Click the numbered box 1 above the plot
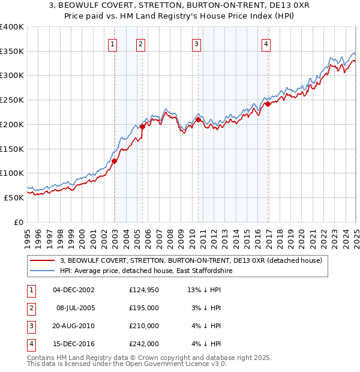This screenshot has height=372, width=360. pyautogui.click(x=113, y=43)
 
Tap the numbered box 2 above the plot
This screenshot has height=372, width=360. pyautogui.click(x=140, y=43)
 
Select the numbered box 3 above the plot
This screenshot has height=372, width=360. pyautogui.click(x=196, y=43)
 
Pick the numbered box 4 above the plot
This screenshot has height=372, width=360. pyautogui.click(x=265, y=43)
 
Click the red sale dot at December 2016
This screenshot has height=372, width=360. pyautogui.click(x=268, y=104)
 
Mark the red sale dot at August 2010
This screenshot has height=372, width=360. pyautogui.click(x=198, y=119)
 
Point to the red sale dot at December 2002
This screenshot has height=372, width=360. pyautogui.click(x=114, y=161)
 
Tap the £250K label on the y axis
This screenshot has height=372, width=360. pyautogui.click(x=11, y=100)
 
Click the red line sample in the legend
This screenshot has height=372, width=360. pyautogui.click(x=43, y=260)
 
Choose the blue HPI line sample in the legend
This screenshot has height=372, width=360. pyautogui.click(x=43, y=271)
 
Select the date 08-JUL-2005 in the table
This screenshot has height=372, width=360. pyautogui.click(x=76, y=308)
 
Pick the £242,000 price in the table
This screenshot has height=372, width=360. pyautogui.click(x=144, y=344)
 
